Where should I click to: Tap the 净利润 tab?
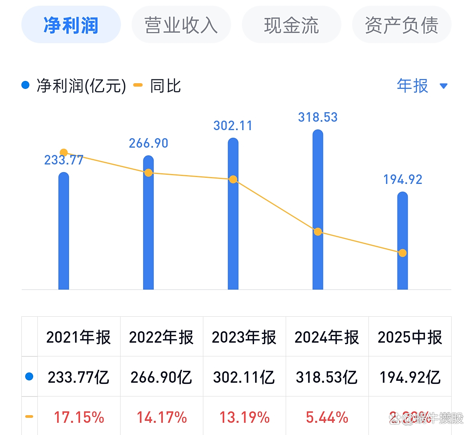tap(71, 25)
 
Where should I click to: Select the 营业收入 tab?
tap(181, 25)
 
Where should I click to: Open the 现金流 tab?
tap(291, 25)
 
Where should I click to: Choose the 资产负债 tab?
tap(402, 25)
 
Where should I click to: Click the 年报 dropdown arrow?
tap(443, 86)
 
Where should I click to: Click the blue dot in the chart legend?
tap(26, 85)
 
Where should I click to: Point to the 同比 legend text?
tap(165, 86)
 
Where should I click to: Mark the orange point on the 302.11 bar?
tap(233, 179)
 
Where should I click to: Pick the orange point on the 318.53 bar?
tap(318, 232)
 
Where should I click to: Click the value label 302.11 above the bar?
tap(233, 126)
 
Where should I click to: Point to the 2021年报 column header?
tap(79, 337)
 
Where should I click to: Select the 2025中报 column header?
tap(410, 337)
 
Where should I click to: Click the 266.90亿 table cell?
tap(161, 377)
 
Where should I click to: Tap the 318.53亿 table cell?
tap(327, 377)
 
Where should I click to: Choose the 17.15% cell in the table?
tap(79, 417)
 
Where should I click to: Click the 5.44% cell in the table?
tap(327, 417)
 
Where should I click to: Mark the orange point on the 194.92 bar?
tap(402, 253)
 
